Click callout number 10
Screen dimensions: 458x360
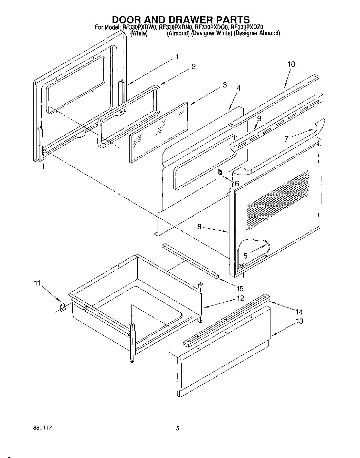click(x=291, y=64)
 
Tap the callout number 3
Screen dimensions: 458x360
click(x=224, y=85)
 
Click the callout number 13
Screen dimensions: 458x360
click(x=300, y=321)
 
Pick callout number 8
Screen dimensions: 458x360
click(x=199, y=227)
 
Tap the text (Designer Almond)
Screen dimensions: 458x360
click(x=257, y=33)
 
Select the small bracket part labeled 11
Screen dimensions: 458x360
click(x=63, y=306)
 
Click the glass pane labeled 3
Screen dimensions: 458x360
click(x=158, y=133)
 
